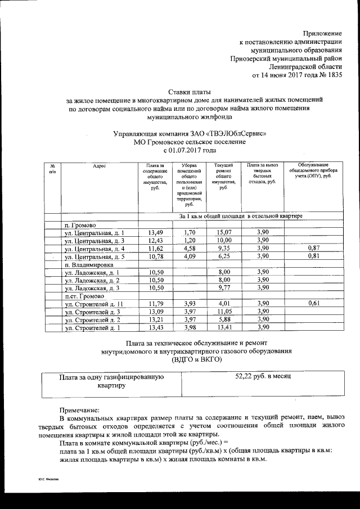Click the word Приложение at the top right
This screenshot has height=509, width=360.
[322, 35]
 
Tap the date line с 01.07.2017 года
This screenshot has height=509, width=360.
[189, 151]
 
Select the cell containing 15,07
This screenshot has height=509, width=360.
[220, 232]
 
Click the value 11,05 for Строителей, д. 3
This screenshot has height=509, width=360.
[220, 312]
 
